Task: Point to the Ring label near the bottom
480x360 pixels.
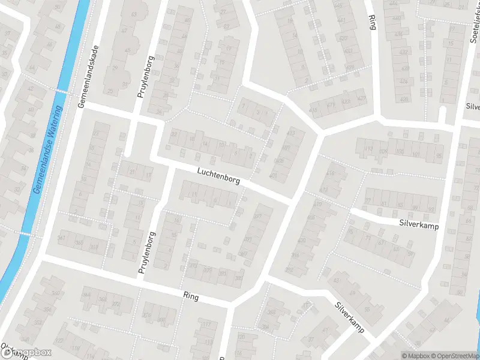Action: tap(191, 296)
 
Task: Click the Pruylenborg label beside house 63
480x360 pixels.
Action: tap(145, 81)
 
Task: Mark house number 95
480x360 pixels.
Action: tap(439, 156)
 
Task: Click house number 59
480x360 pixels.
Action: tap(411, 254)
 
